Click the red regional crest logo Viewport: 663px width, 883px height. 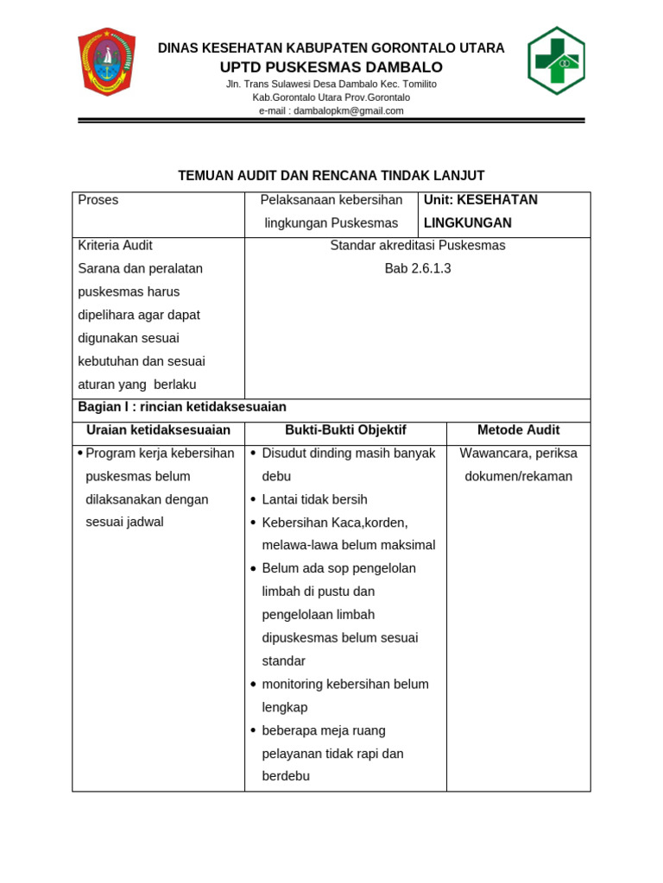click(x=106, y=61)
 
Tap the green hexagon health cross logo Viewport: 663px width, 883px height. click(x=556, y=60)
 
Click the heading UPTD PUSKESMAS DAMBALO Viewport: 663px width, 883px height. click(x=331, y=67)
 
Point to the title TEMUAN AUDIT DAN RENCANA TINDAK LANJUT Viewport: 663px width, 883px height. click(x=331, y=176)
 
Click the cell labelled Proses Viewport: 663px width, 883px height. click(x=98, y=200)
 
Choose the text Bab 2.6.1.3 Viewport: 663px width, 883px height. click(x=418, y=268)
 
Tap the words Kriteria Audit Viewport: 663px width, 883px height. click(x=115, y=246)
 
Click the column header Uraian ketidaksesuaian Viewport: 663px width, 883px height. click(x=158, y=430)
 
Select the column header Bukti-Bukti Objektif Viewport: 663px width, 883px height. click(x=345, y=430)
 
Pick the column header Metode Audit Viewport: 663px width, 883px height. click(x=518, y=430)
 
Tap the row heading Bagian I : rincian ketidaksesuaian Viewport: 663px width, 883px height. click(x=182, y=407)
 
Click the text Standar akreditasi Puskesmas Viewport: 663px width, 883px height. click(x=418, y=246)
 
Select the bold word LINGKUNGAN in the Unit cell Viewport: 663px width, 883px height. click(x=467, y=223)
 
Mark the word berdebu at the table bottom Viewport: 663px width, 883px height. click(x=286, y=776)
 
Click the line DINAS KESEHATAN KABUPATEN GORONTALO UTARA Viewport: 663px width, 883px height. click(x=331, y=48)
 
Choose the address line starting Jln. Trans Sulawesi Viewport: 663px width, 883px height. click(x=331, y=85)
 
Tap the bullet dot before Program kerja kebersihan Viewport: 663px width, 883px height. click(x=80, y=454)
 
